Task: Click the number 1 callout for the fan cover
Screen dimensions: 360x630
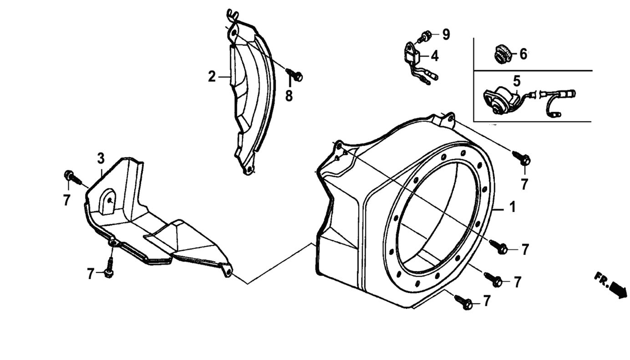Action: point(513,208)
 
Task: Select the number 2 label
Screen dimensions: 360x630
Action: point(212,77)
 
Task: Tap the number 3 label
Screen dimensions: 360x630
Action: point(101,159)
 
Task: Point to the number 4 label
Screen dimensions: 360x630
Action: point(435,56)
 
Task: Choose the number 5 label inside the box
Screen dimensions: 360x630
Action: point(517,81)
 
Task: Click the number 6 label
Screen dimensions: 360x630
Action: point(523,55)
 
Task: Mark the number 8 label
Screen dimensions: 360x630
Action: point(289,96)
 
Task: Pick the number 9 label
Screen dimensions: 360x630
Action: point(446,34)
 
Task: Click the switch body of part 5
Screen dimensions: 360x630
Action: point(500,99)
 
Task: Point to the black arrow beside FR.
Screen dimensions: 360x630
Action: point(618,290)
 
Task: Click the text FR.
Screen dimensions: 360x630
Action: point(601,279)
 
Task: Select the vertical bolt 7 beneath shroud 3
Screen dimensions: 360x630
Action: point(109,269)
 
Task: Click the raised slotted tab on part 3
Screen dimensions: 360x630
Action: point(108,201)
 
